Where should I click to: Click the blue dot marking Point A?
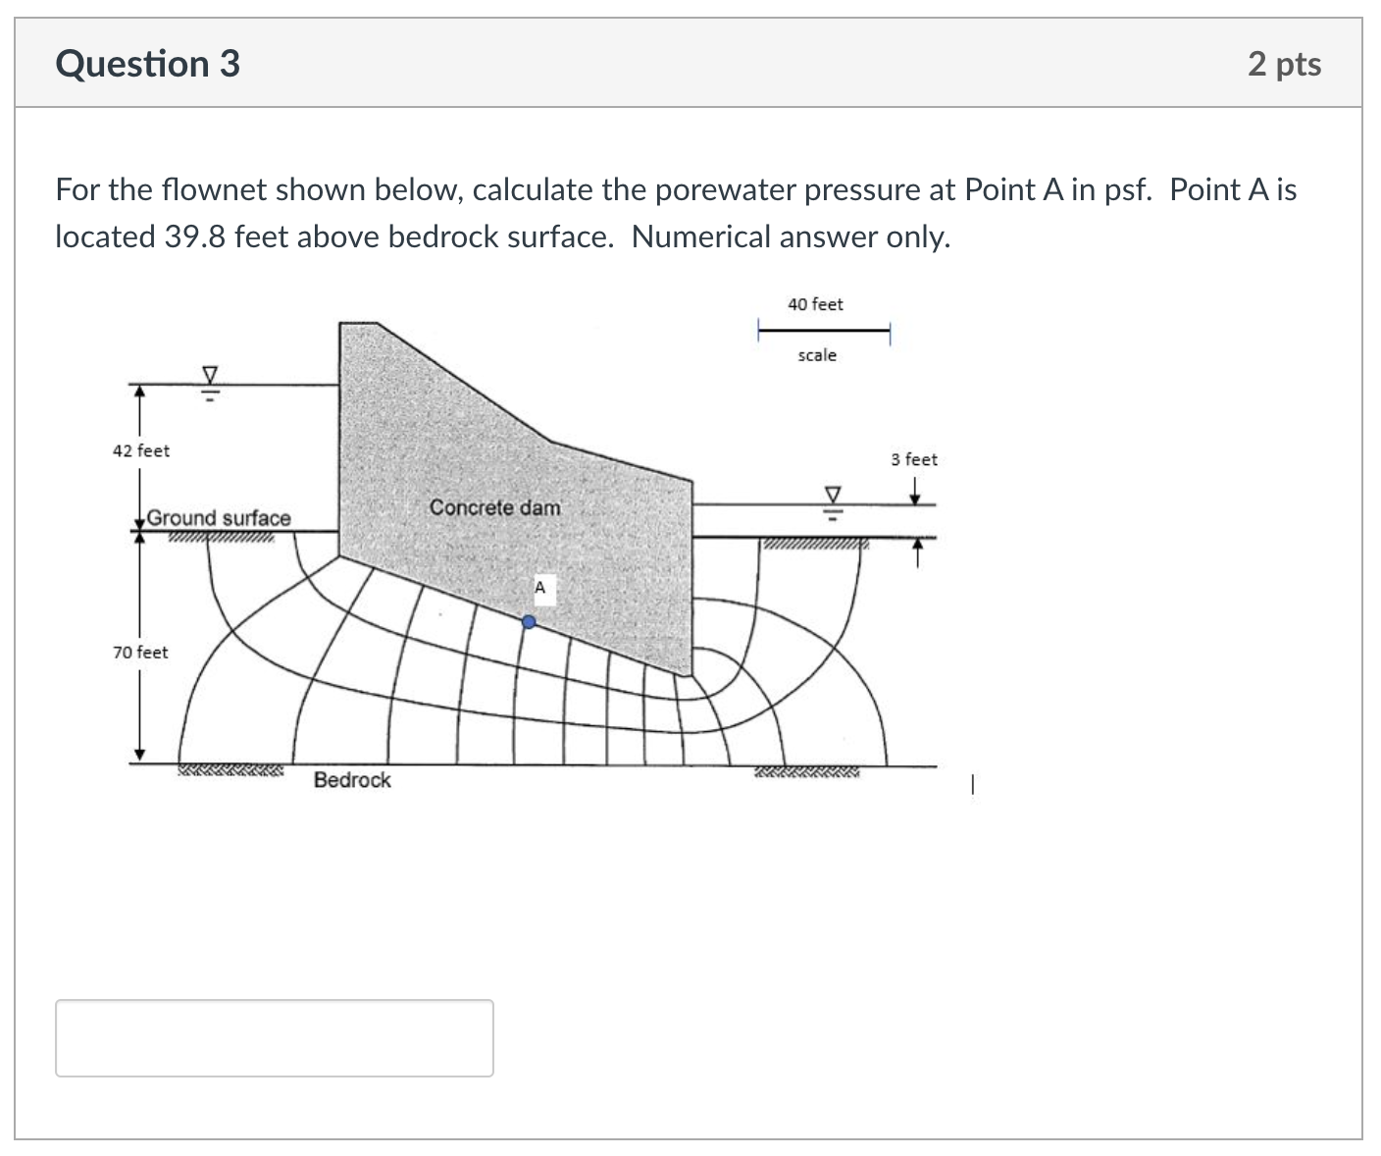click(529, 621)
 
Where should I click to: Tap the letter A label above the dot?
click(539, 588)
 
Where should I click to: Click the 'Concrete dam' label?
click(495, 507)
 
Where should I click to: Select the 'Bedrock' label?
click(352, 780)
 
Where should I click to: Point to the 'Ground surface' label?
click(219, 517)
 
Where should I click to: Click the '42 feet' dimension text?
click(141, 450)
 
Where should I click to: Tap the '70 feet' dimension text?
click(140, 653)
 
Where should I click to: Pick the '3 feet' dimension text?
click(914, 459)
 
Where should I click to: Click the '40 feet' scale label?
click(815, 304)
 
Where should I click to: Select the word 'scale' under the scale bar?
click(817, 355)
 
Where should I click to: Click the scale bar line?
click(823, 330)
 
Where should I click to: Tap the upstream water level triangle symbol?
click(209, 375)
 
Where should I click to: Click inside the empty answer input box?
click(274, 1037)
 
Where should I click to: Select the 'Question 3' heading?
click(148, 64)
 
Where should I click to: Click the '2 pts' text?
click(1284, 64)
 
